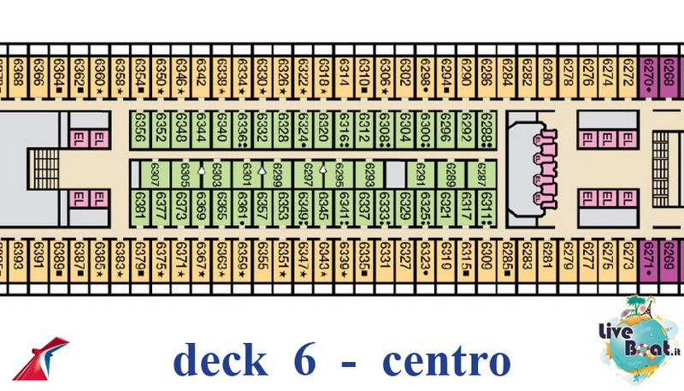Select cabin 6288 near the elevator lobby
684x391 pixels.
tap(486, 128)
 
